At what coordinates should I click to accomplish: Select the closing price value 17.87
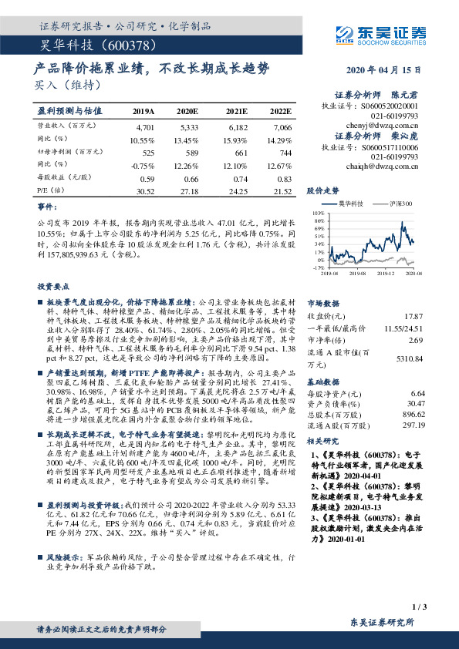[414, 316]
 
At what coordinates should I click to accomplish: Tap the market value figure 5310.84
[408, 358]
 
